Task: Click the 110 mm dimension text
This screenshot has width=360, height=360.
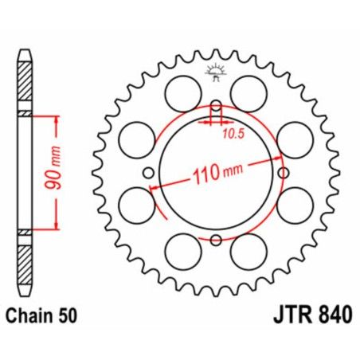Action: pos(217,173)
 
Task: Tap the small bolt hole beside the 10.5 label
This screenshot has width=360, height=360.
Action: pos(215,108)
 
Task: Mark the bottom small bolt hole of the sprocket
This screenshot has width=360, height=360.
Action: pos(215,239)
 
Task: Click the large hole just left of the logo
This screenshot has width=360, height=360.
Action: pos(183,88)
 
